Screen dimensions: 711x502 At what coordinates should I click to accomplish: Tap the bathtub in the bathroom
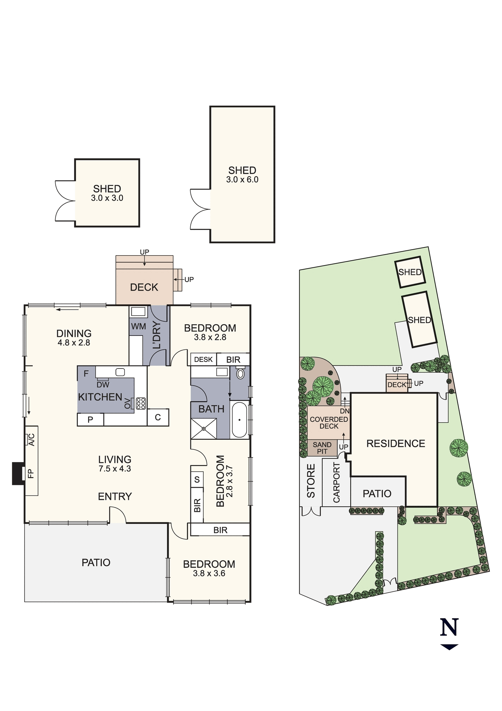coord(239,420)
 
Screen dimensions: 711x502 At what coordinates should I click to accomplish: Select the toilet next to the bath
coord(241,374)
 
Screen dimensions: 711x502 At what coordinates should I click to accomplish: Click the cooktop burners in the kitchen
coord(141,403)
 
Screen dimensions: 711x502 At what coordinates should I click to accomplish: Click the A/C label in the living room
coord(31,440)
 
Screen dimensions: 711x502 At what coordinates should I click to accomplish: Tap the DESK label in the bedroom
coord(203,359)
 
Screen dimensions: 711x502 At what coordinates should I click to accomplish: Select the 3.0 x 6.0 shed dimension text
coord(242,180)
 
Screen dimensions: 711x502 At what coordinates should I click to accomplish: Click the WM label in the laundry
coord(138,326)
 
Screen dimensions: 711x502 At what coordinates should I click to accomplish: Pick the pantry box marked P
coord(90,419)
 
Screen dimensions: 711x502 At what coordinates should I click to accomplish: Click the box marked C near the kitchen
coord(158,417)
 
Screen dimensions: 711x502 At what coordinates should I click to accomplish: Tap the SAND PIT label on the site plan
coord(322,448)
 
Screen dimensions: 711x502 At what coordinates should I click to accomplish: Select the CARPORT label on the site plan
coord(336,482)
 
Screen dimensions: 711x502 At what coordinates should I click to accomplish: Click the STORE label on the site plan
coord(311,481)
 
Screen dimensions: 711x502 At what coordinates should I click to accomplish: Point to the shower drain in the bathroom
coord(204,429)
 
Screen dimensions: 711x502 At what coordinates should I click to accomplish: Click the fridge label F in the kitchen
coord(86,374)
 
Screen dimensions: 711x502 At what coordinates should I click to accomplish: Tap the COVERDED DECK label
coord(329,423)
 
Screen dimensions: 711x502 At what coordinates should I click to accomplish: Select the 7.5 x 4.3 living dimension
coord(115,469)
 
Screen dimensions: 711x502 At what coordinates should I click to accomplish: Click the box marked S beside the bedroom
coord(197,480)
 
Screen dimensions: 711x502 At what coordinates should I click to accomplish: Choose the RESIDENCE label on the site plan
coord(396,444)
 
